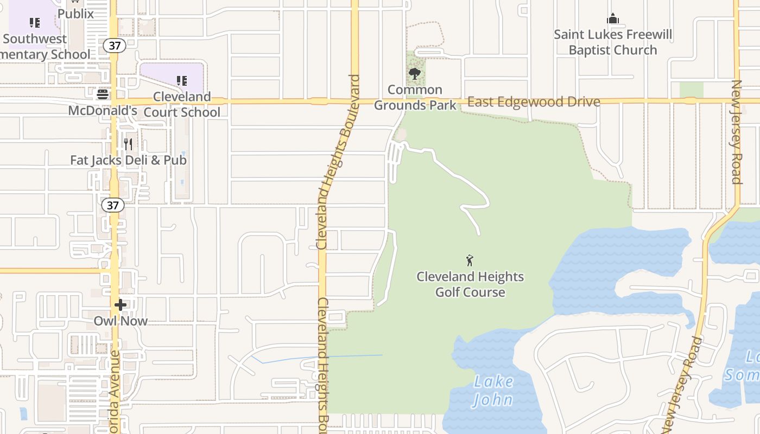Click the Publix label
[75, 14]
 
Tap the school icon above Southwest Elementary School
[35, 23]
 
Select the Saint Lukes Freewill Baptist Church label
[613, 42]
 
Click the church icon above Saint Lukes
[613, 19]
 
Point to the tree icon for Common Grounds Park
[415, 74]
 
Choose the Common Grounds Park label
[415, 97]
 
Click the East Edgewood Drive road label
[534, 102]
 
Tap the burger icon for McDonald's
[103, 94]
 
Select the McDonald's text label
[103, 111]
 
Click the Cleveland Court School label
[182, 104]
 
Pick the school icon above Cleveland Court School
[182, 81]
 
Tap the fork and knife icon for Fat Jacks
[128, 144]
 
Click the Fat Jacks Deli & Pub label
[129, 160]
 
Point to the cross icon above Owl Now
[121, 305]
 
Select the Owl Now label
[121, 321]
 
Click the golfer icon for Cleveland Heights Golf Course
[470, 260]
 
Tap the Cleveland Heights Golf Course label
[470, 284]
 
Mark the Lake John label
[493, 391]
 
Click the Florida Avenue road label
[115, 391]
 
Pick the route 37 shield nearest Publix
[115, 46]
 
